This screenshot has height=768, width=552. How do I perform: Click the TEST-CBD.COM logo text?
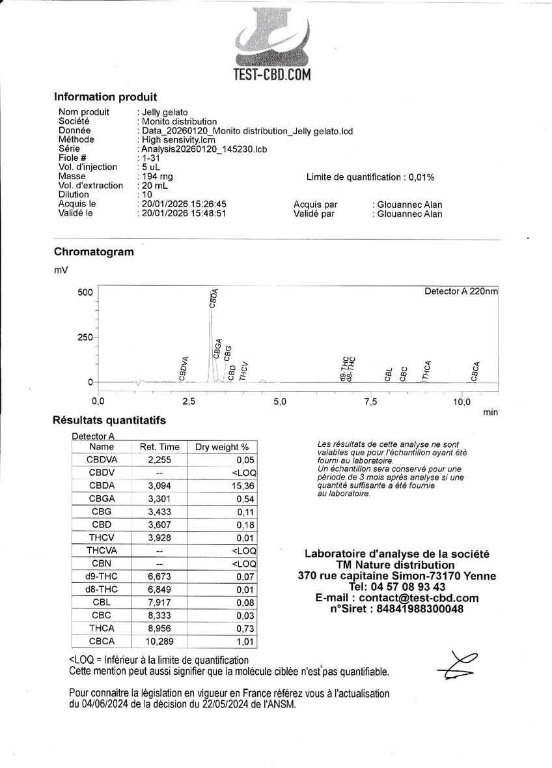coord(272,75)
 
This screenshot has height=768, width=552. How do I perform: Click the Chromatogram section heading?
coord(94,252)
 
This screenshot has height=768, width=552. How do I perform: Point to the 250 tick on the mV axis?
coord(85,337)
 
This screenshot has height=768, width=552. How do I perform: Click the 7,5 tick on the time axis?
coord(370,401)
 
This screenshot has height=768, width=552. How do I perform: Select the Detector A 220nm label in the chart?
coord(460,291)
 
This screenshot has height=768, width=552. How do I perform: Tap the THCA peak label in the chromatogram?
coord(428,370)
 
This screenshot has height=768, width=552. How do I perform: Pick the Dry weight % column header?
coord(222,447)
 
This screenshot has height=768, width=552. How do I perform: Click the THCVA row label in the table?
coord(101,550)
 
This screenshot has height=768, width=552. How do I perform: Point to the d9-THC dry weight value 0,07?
coord(245,576)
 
